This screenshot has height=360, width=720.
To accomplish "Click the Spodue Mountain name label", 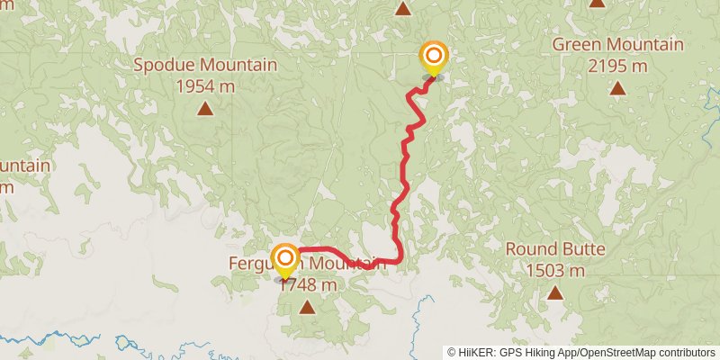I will coord(205,65).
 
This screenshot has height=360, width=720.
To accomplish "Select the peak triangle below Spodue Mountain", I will coord(205,109).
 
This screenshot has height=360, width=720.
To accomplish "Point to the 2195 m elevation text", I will coord(617,66).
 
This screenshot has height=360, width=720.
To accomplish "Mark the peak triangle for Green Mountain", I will coord(617,88).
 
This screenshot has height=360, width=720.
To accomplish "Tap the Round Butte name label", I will coord(555,249).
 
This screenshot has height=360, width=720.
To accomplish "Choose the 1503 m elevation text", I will coord(555,270).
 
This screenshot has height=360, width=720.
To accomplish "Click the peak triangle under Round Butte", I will coord(555,292).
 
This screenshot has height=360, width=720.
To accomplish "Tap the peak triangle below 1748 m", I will coord(307,307).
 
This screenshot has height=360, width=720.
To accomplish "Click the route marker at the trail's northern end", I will coord(433,57).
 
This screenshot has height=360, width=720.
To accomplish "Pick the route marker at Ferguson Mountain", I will coord(285,259).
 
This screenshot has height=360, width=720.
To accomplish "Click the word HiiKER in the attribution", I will coord(477,352).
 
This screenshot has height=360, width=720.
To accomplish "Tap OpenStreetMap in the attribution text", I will coord(621,352).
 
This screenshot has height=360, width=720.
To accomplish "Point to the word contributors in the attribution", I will coord(687,352).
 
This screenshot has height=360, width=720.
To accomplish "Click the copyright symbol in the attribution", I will coord(452,352).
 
